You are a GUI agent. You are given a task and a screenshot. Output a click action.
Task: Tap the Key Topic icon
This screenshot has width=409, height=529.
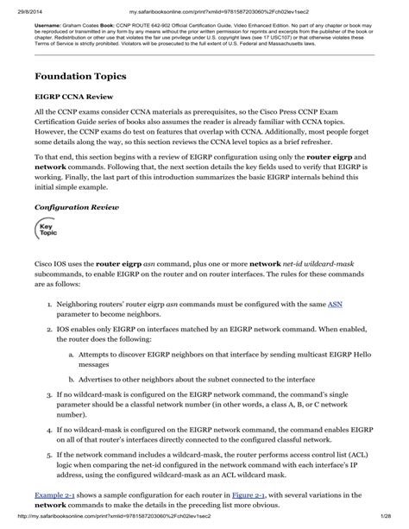click(47, 230)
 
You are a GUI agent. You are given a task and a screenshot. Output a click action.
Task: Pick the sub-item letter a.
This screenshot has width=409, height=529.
click(70, 353)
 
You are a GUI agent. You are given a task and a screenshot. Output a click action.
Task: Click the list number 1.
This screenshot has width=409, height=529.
click(47, 304)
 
